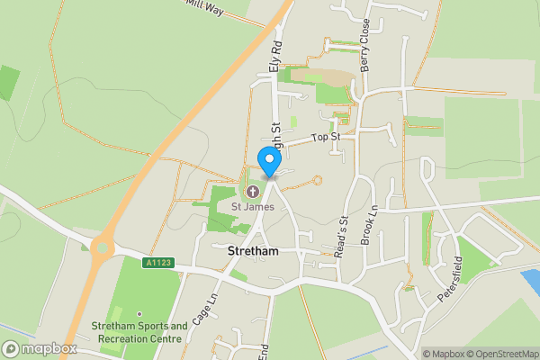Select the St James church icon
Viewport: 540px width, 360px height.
pos(251,191)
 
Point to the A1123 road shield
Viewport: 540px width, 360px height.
pos(157,263)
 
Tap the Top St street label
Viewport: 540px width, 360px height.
pos(324,138)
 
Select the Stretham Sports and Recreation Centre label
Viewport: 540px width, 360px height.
pos(139,332)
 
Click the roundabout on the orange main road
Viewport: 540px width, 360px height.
pos(103,244)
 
